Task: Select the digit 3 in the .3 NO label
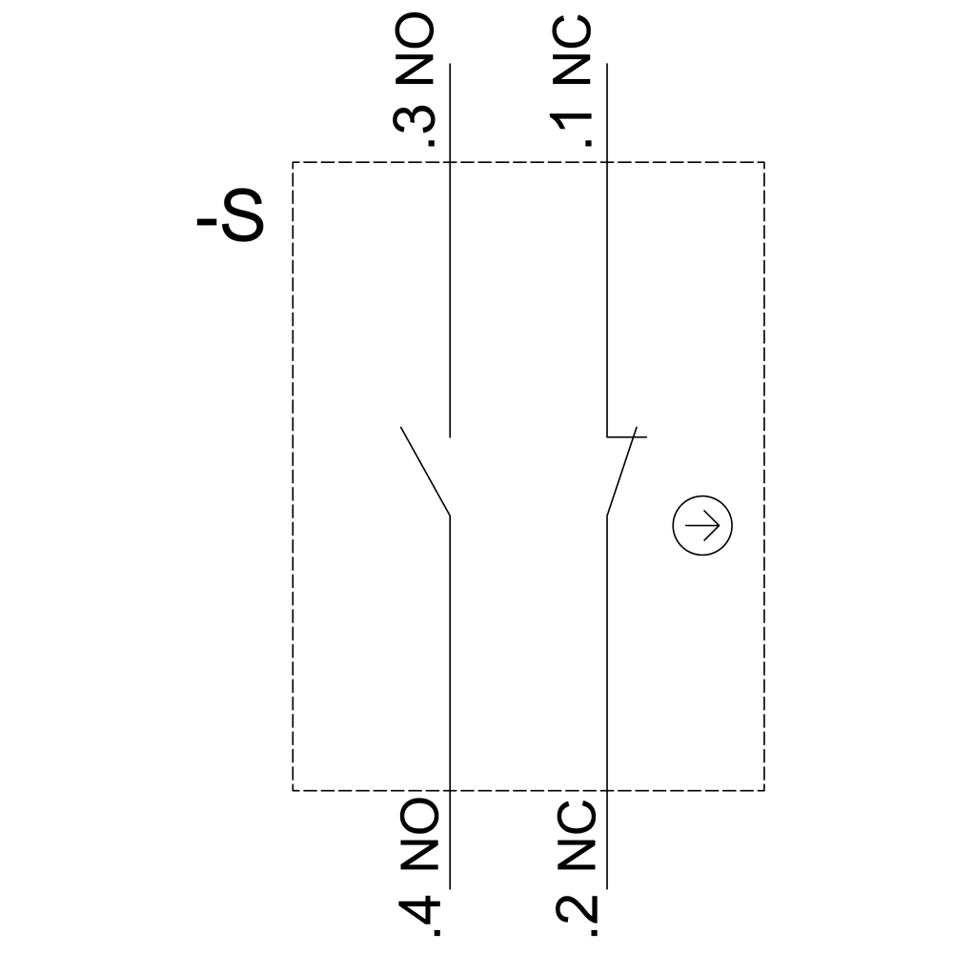(x=416, y=121)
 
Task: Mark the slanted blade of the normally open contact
(x=425, y=473)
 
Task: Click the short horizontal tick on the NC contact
(x=627, y=437)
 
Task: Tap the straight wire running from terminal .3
(x=449, y=286)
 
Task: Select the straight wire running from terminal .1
(x=606, y=286)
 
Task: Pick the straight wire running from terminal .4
(x=449, y=667)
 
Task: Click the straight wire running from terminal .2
(x=607, y=667)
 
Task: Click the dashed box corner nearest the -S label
(x=293, y=162)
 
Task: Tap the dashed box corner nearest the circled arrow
(x=763, y=790)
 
